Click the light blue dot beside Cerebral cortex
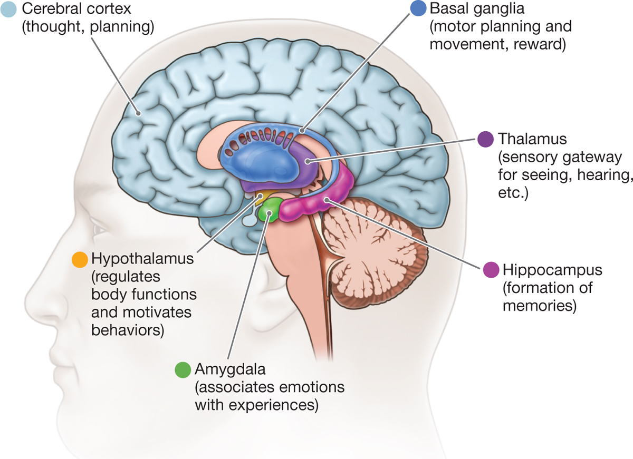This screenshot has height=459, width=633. pyautogui.click(x=9, y=9)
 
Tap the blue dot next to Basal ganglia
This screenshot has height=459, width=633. pyautogui.click(x=417, y=9)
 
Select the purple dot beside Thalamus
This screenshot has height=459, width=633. pyautogui.click(x=485, y=139)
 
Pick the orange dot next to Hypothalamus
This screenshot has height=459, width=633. pyautogui.click(x=79, y=259)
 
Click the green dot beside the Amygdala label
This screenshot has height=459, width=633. pyautogui.click(x=183, y=369)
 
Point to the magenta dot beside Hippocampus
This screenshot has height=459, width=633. pyautogui.click(x=490, y=270)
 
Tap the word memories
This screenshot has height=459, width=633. pyautogui.click(x=539, y=305)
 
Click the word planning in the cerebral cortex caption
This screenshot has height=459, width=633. pyautogui.click(x=123, y=27)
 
